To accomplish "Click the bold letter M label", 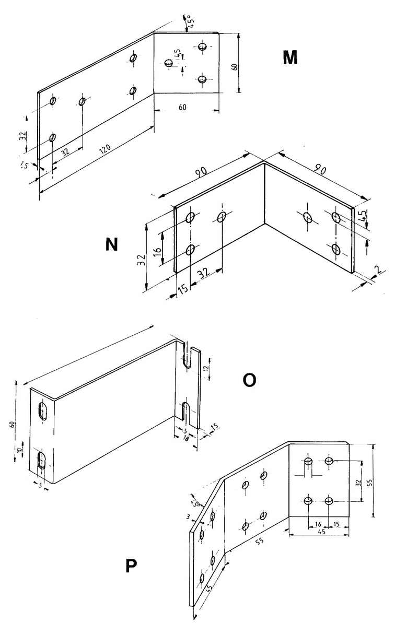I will click(290, 57).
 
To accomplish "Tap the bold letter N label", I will click(111, 244).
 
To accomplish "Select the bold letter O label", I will click(250, 380).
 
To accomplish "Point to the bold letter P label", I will click(131, 567).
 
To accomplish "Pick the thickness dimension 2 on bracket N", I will click(377, 269).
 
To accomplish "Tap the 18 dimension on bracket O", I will click(185, 438).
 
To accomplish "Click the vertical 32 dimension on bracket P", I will click(358, 482).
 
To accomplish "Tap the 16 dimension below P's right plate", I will click(318, 524).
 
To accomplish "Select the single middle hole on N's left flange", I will click(222, 216).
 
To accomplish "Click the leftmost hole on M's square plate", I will click(168, 63).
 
